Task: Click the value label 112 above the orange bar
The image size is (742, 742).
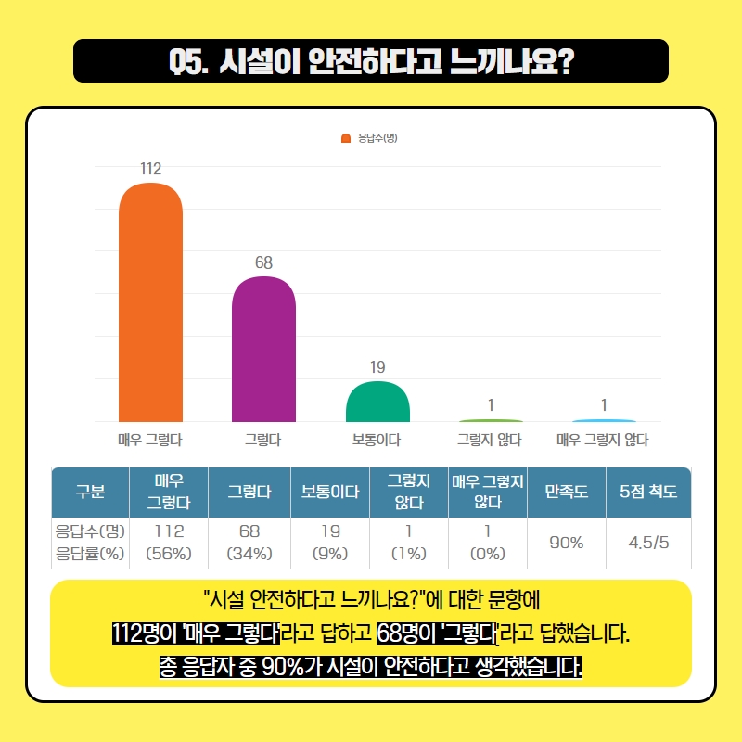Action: click(150, 169)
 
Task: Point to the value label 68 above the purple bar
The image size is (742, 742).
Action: click(263, 262)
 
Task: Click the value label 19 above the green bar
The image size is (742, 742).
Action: click(377, 367)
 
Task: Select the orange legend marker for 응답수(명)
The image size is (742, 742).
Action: click(346, 139)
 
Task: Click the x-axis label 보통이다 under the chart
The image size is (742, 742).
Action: click(377, 440)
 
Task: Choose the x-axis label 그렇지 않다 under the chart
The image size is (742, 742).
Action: click(490, 440)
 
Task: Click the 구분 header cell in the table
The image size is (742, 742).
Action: click(89, 493)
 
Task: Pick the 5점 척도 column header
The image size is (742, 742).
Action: click(648, 493)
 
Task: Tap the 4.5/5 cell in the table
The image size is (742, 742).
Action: click(648, 543)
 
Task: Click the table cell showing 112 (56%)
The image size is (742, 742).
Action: click(169, 543)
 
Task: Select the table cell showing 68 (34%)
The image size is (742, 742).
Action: click(249, 543)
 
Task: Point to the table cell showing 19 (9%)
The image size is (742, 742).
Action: click(330, 543)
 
